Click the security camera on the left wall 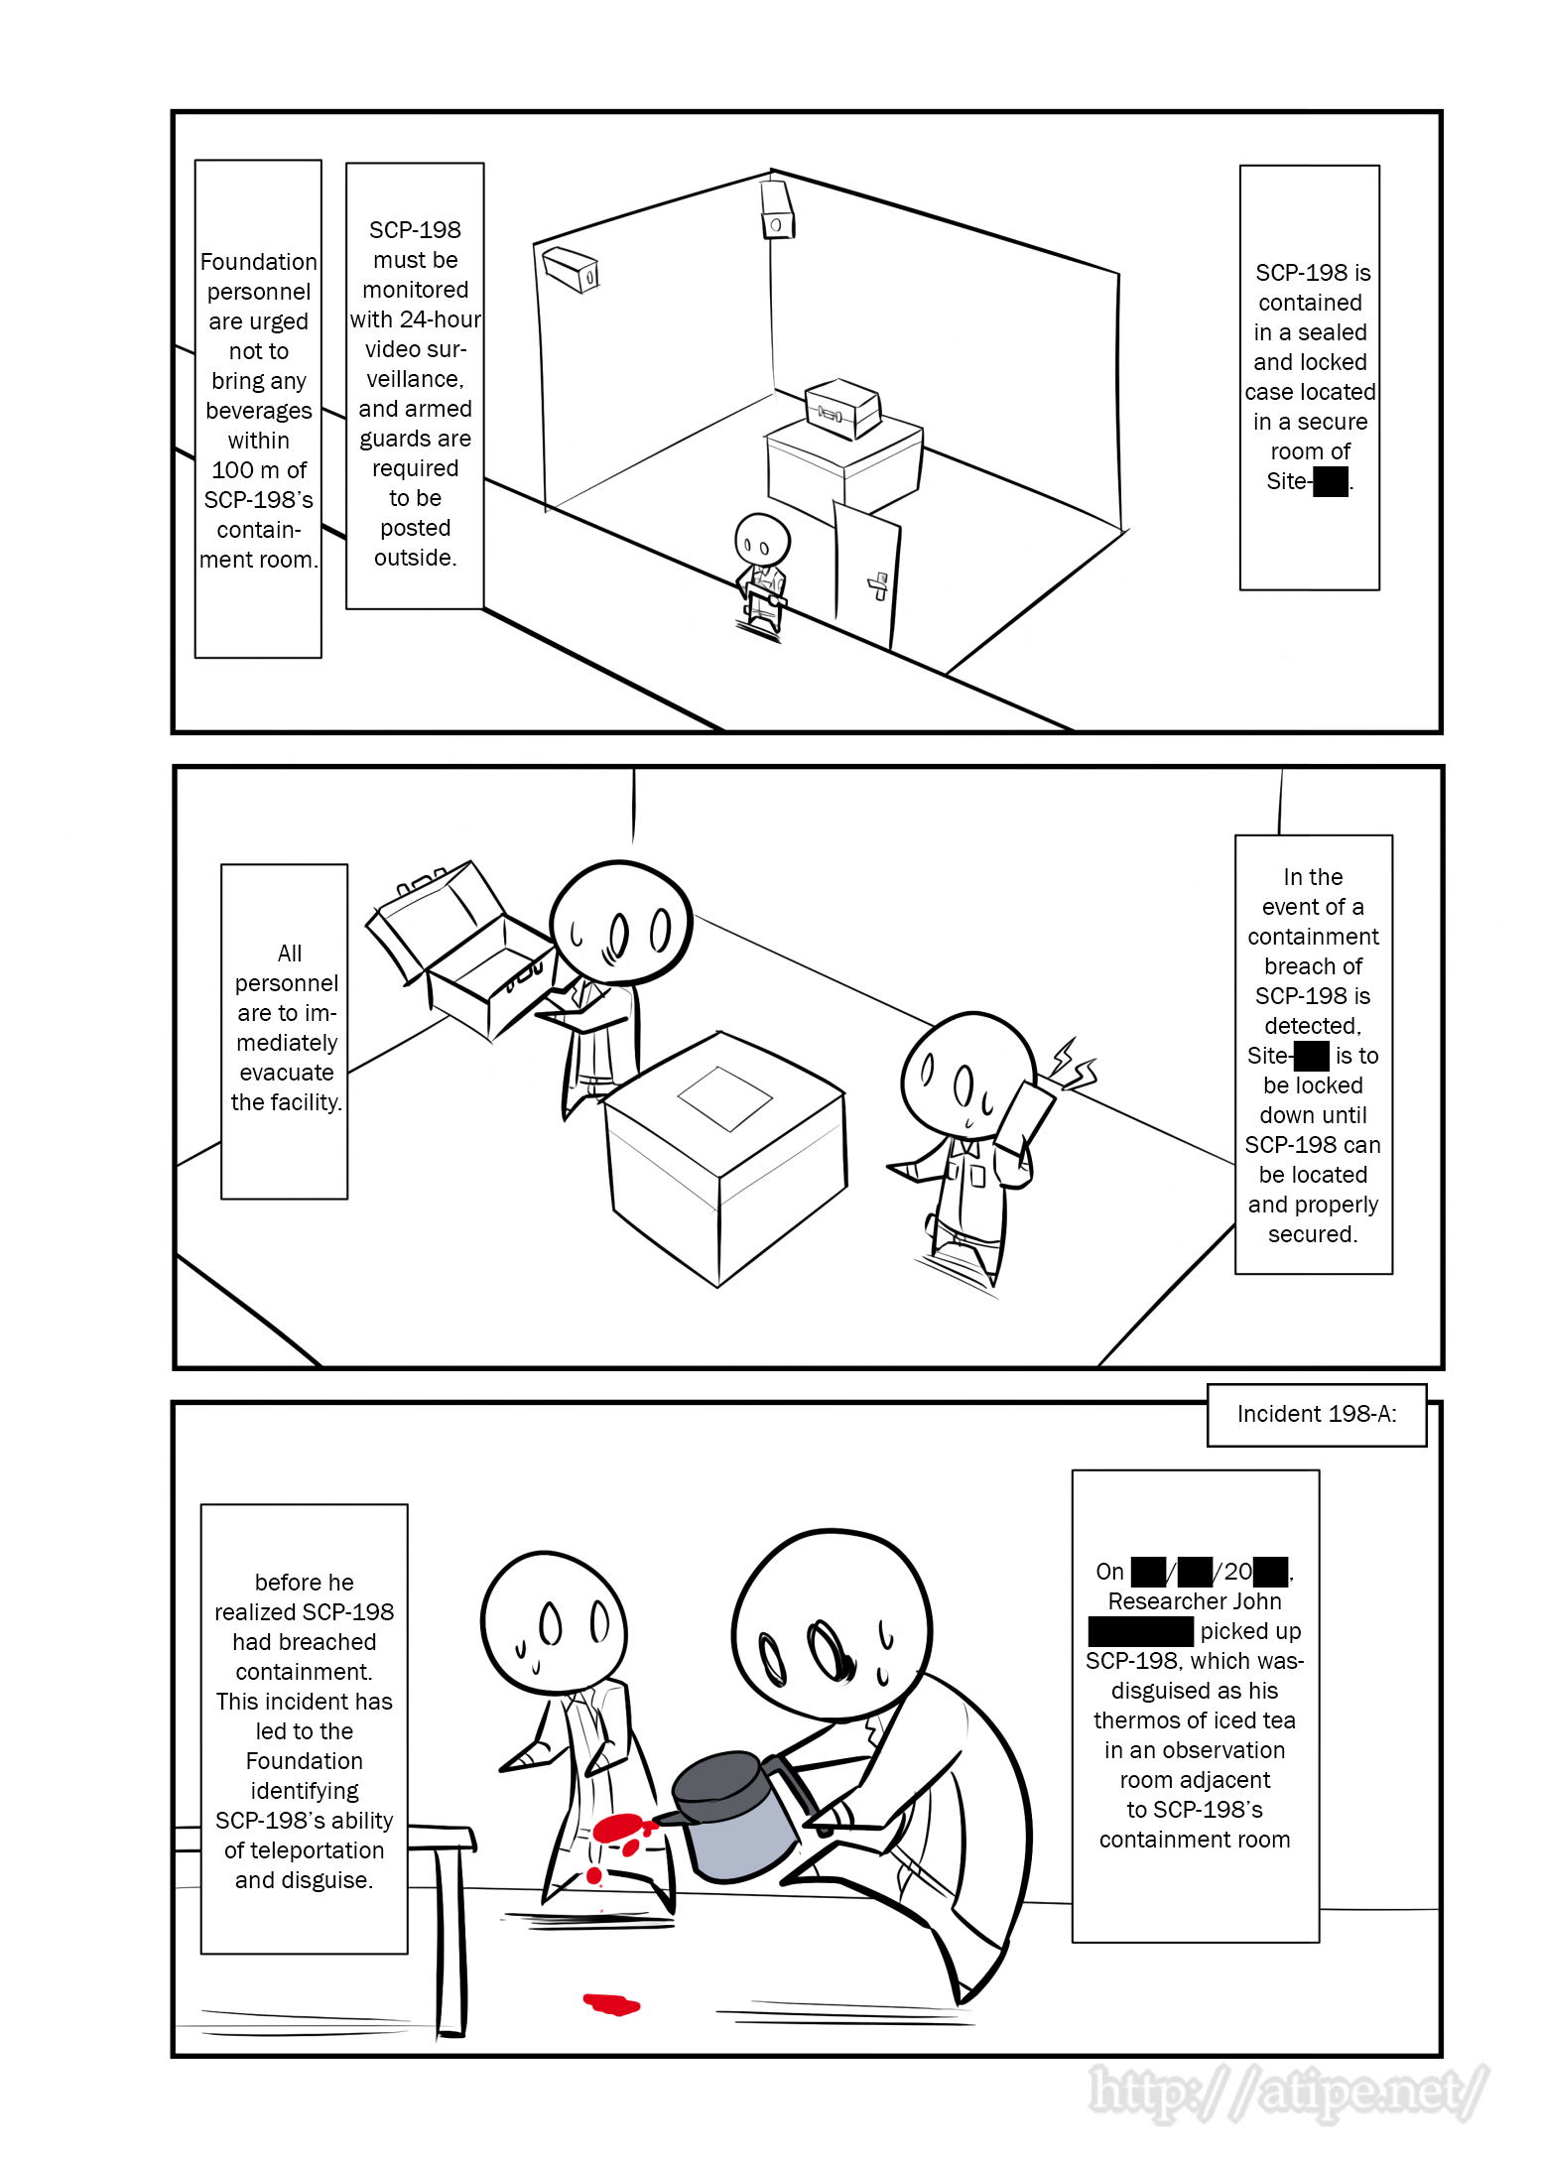pos(572,268)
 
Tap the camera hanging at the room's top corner pos(777,209)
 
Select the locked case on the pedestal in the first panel pos(842,407)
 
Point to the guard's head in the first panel pos(762,540)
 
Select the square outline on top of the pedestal pos(724,1098)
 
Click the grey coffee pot pos(735,1815)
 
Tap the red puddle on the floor pos(611,2004)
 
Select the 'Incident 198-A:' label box pos(1317,1415)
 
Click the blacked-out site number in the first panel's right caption pos(1331,482)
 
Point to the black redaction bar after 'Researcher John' pos(1141,1631)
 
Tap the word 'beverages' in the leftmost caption pos(259,411)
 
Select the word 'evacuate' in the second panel pos(287,1073)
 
